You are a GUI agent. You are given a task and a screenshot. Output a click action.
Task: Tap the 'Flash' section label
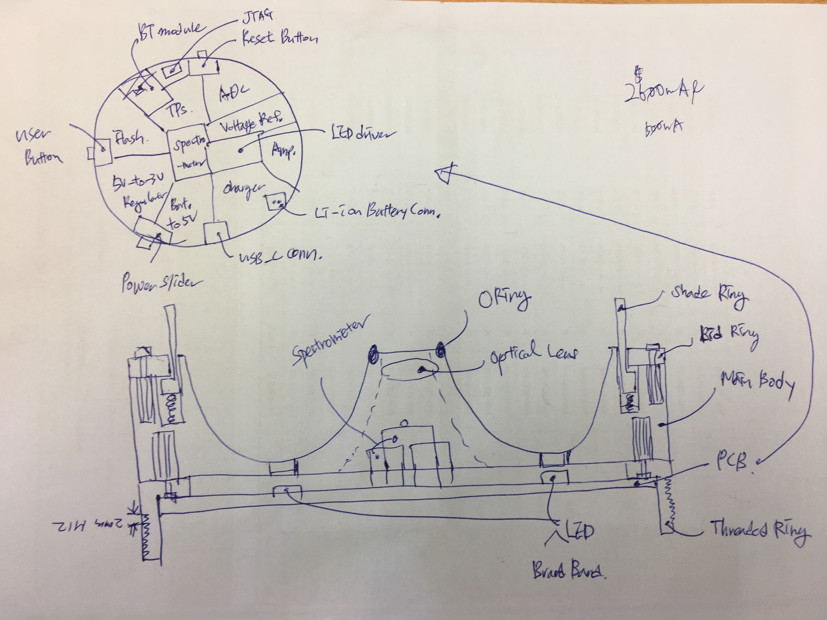(129, 138)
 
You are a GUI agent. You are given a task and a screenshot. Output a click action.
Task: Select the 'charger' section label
(243, 189)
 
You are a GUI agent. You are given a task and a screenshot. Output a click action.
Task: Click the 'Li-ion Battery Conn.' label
(376, 212)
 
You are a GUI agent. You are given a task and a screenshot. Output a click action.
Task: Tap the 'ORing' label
(505, 299)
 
